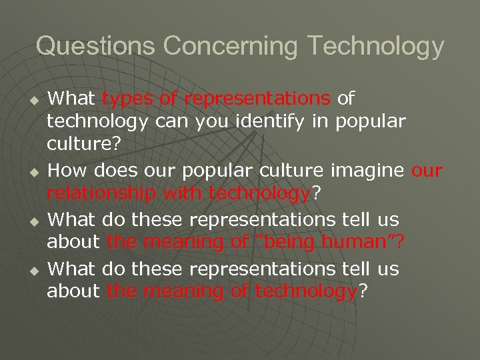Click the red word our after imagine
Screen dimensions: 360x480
point(427,171)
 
